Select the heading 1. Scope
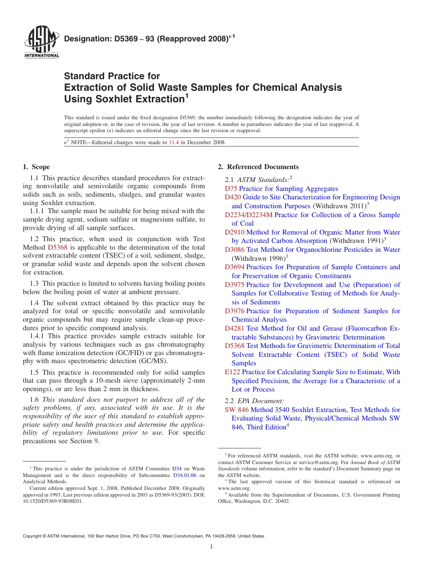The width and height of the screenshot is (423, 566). click(x=36, y=167)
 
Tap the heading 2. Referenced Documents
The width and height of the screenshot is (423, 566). click(x=258, y=167)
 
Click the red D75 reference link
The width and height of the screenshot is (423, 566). click(x=231, y=189)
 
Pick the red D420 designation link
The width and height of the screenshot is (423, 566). click(x=233, y=197)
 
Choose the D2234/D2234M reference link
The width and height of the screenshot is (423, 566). click(x=248, y=215)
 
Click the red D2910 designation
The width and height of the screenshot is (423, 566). click(x=235, y=232)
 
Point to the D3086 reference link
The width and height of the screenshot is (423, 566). click(x=235, y=250)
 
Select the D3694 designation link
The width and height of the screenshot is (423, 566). click(x=235, y=267)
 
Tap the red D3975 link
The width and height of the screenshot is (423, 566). click(x=235, y=285)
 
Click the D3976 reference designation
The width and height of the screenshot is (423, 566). click(x=235, y=311)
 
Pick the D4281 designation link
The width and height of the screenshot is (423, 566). click(x=235, y=328)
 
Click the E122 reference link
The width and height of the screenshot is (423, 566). click(x=232, y=372)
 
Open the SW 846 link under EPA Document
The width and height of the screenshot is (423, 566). click(x=237, y=410)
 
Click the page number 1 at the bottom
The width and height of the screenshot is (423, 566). click(x=211, y=547)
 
